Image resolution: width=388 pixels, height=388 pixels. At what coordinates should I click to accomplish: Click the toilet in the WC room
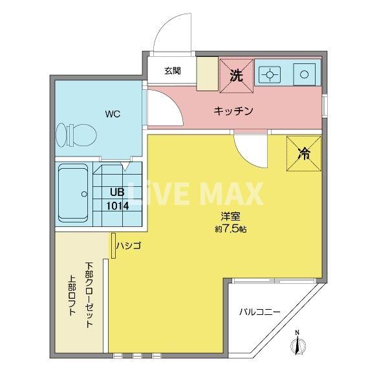[76, 135]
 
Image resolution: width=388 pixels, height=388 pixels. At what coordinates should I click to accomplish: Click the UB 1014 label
[118, 200]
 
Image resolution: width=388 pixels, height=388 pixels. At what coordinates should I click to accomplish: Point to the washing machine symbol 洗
[236, 75]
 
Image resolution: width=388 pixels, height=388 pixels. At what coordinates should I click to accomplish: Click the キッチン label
[233, 111]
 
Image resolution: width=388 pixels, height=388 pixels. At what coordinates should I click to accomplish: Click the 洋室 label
[226, 217]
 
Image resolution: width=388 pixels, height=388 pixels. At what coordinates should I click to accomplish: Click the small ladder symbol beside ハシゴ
[114, 246]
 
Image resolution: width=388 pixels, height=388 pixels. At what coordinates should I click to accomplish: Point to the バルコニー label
[259, 312]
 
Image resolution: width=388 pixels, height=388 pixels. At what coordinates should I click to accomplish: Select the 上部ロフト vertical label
[72, 296]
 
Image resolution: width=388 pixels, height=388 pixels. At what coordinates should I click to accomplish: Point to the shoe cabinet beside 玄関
[207, 73]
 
